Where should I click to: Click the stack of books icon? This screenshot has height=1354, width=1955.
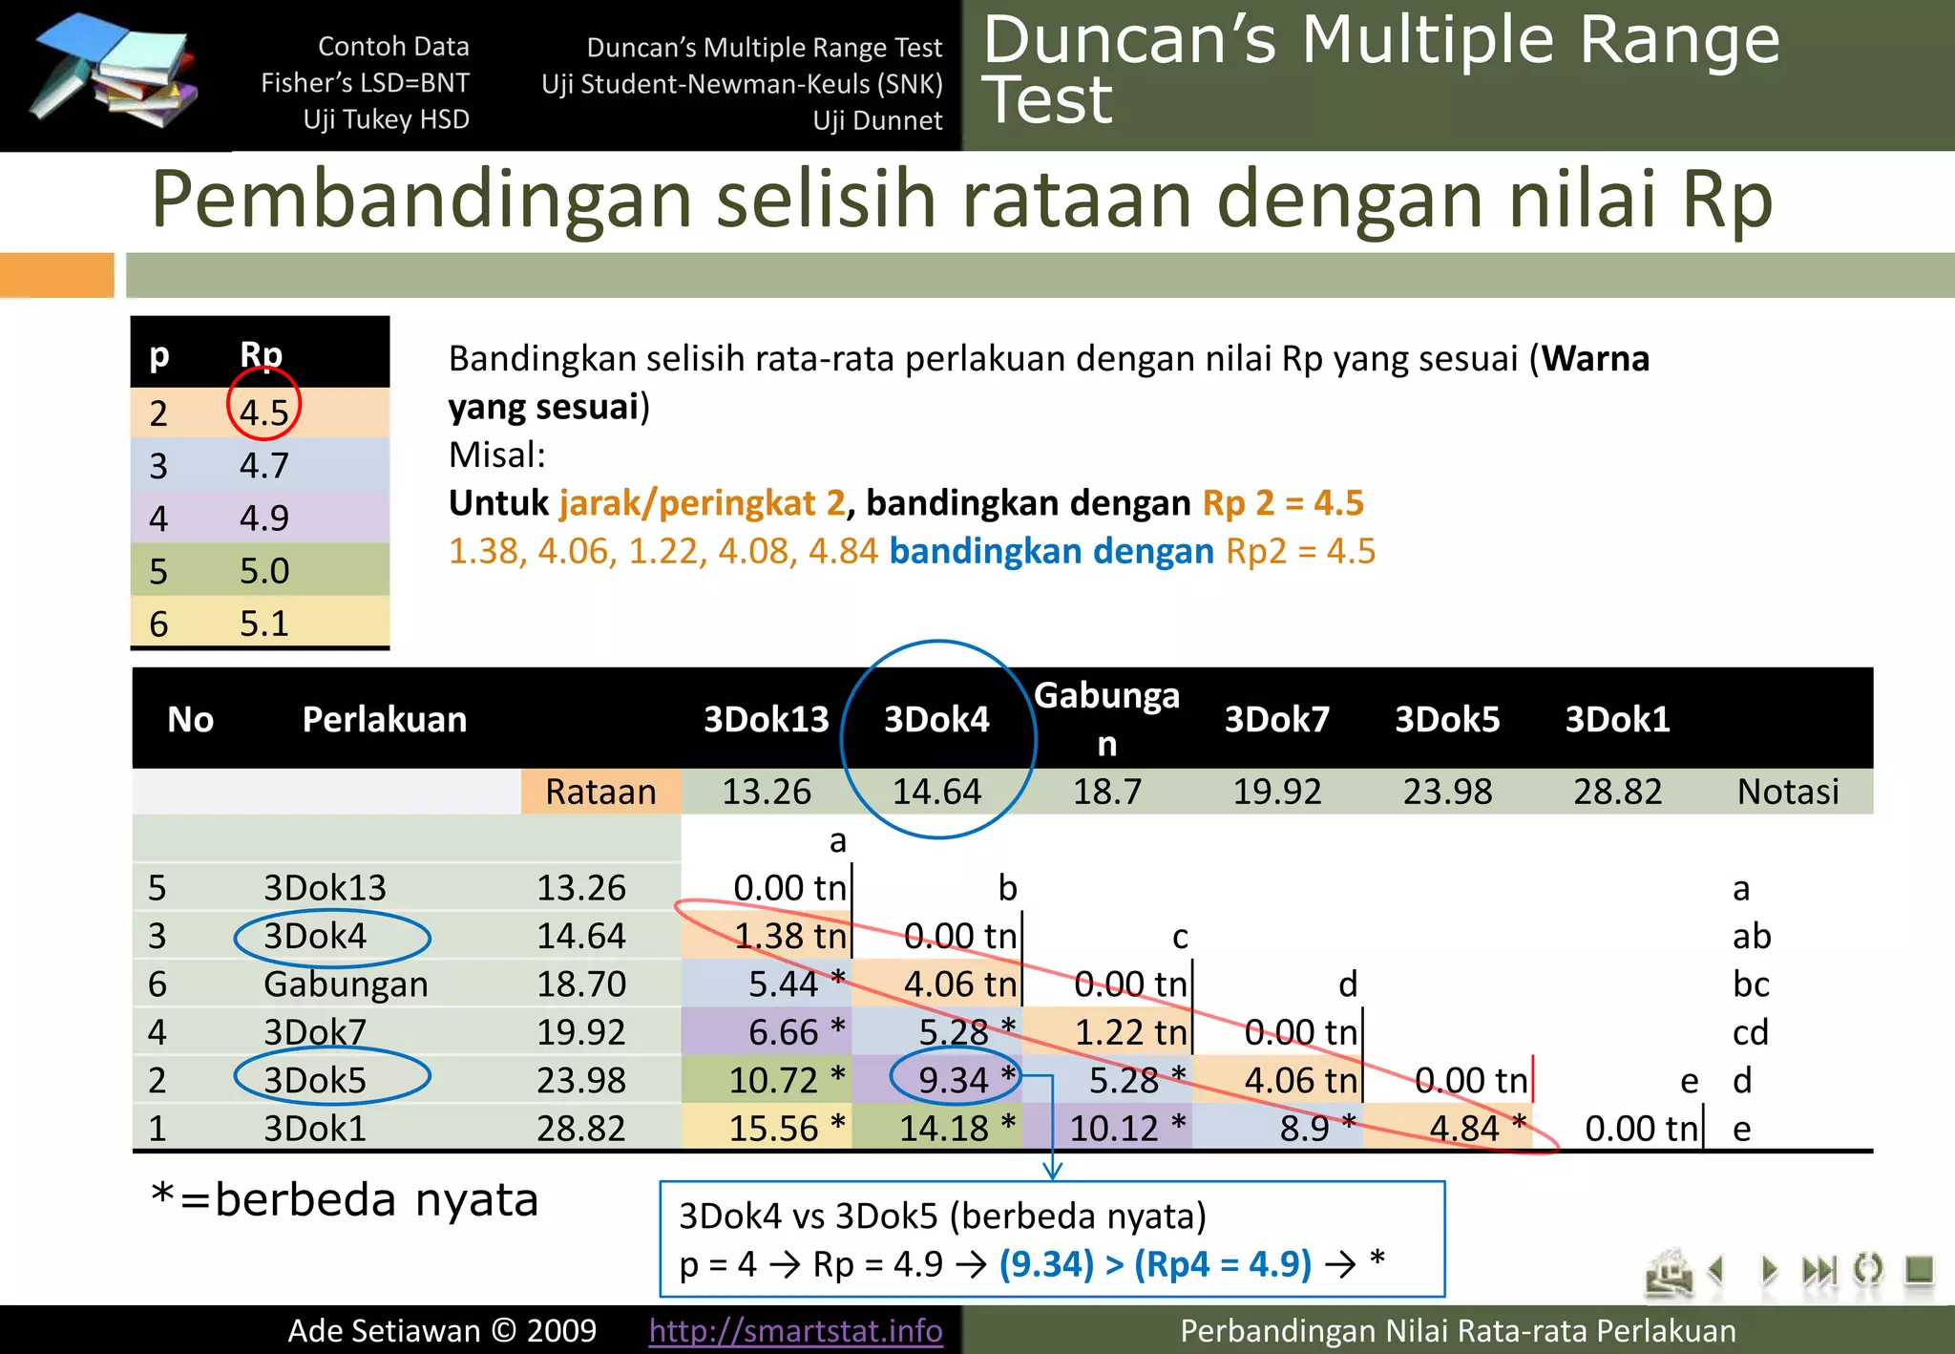pyautogui.click(x=115, y=72)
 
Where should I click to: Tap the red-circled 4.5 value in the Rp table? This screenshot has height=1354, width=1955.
pyautogui.click(x=263, y=413)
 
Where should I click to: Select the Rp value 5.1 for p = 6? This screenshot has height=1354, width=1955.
pyautogui.click(x=263, y=624)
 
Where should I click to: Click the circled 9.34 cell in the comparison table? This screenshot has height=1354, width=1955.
pyautogui.click(x=955, y=1080)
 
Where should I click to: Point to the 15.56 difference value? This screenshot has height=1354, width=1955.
pyautogui.click(x=774, y=1129)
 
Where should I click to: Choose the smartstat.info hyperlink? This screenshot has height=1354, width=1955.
pyautogui.click(x=795, y=1330)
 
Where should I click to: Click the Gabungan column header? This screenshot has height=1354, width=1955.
pyautogui.click(x=1106, y=718)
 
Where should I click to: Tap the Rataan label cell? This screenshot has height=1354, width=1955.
pyautogui.click(x=600, y=792)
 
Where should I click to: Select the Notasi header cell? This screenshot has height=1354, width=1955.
pyautogui.click(x=1787, y=792)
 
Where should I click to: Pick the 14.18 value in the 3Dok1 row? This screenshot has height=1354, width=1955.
pyautogui.click(x=944, y=1129)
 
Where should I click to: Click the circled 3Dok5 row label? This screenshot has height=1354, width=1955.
pyautogui.click(x=315, y=1080)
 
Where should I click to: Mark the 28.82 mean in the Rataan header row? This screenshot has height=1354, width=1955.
pyautogui.click(x=1617, y=792)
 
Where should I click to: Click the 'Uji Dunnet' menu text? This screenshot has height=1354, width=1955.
pyautogui.click(x=877, y=120)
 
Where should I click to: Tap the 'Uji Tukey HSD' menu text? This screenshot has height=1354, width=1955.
pyautogui.click(x=386, y=119)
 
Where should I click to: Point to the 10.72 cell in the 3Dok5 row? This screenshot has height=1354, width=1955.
pyautogui.click(x=774, y=1080)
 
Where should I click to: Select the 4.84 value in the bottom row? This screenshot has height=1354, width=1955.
pyautogui.click(x=1464, y=1129)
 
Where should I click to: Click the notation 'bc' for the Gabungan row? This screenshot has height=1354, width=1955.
pyautogui.click(x=1751, y=984)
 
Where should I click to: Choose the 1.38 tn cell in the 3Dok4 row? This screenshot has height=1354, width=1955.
pyautogui.click(x=789, y=936)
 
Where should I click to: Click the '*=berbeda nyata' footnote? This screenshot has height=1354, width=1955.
pyautogui.click(x=345, y=1199)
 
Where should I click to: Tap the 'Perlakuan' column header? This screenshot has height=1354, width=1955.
pyautogui.click(x=384, y=719)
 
